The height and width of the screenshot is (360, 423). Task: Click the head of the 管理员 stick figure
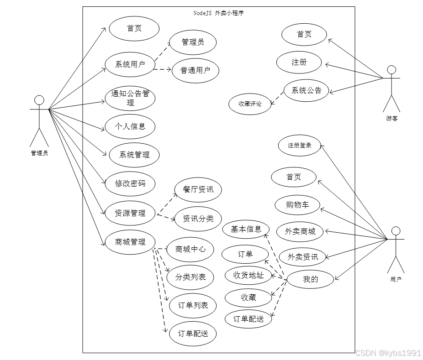coord(39,100)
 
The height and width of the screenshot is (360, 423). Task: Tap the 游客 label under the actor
coord(391,118)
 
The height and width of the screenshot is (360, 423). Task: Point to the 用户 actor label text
coord(396,279)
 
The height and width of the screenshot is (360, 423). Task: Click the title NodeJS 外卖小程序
coord(218,13)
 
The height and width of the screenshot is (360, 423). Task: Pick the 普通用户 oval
coord(196,70)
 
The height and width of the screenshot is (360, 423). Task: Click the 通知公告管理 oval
coord(130,98)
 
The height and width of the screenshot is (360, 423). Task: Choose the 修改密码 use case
coord(130,183)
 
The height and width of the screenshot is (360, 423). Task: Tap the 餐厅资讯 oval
coord(198,189)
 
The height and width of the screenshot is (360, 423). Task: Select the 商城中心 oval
coord(190,249)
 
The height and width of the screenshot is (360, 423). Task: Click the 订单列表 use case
coord(193,305)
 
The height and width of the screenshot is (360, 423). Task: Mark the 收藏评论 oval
coord(250,104)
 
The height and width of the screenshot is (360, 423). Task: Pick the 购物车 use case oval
coord(297,205)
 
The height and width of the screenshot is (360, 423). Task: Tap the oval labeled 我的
coord(310,279)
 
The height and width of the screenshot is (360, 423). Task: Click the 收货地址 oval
coord(249,275)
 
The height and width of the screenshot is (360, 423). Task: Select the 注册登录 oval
coord(300,146)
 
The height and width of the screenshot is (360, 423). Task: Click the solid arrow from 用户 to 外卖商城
coord(356,235)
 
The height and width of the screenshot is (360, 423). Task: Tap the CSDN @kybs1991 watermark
coord(388,353)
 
